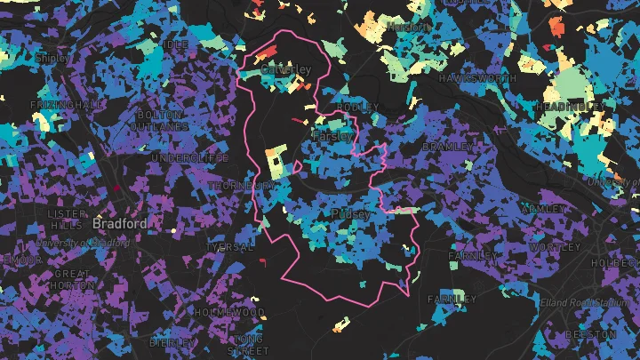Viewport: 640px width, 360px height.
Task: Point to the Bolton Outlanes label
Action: click(x=162, y=121)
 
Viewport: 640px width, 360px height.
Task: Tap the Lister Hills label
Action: click(x=67, y=220)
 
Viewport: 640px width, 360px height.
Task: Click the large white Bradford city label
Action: click(x=119, y=224)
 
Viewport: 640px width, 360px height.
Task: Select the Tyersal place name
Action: click(x=230, y=246)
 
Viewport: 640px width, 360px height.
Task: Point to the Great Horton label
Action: click(x=71, y=280)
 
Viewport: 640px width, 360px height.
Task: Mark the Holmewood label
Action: click(x=229, y=313)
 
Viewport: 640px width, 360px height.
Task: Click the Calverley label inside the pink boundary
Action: click(x=285, y=69)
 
